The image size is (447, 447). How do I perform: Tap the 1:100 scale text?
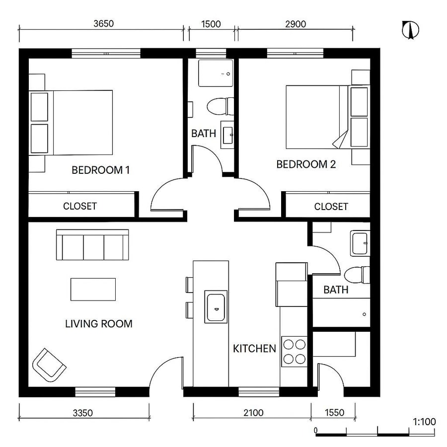(x=424, y=422)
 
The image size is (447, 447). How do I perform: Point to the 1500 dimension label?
(x=211, y=24)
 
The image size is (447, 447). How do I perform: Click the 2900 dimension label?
(x=295, y=24)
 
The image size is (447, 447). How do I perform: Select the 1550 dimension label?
(x=333, y=412)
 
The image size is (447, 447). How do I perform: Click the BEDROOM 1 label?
(x=101, y=170)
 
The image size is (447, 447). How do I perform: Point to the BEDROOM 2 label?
(x=306, y=164)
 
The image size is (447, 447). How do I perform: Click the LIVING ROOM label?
(x=99, y=324)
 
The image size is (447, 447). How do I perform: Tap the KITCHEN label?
(x=254, y=349)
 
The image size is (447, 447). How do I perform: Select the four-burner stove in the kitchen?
(x=294, y=351)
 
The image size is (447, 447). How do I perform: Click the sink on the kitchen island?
(x=217, y=307)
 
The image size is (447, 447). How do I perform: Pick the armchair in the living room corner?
(x=49, y=365)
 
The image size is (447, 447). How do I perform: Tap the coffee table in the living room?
(x=93, y=289)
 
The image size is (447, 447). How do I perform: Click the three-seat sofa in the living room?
(x=92, y=245)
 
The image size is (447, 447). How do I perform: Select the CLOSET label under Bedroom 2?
(x=331, y=206)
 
